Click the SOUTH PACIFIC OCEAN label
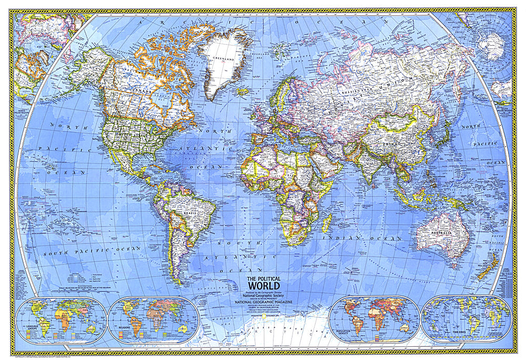tap(92, 251)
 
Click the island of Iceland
tap(242, 91)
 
